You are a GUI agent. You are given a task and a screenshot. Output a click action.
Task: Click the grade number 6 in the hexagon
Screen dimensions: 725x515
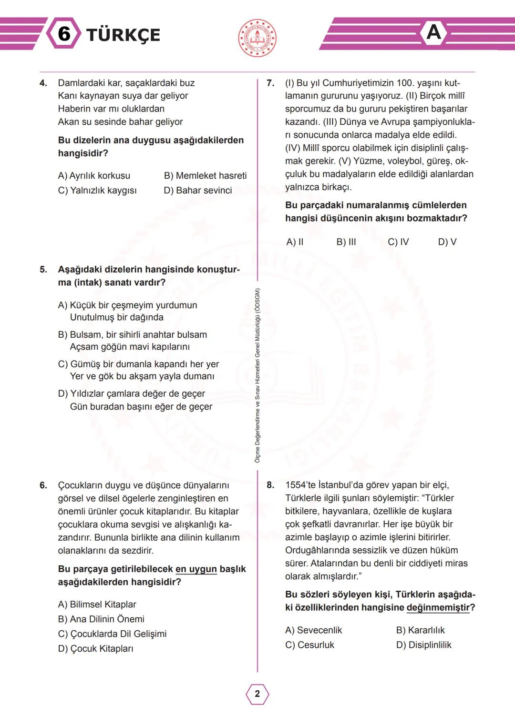click(64, 34)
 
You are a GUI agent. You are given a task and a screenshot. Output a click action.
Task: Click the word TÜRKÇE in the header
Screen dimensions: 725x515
click(123, 35)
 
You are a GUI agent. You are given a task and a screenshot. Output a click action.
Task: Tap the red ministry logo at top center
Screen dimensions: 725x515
click(257, 38)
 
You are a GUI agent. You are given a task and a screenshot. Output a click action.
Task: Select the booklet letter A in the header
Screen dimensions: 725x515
click(433, 32)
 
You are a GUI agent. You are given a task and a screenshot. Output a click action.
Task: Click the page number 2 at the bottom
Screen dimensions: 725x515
click(257, 694)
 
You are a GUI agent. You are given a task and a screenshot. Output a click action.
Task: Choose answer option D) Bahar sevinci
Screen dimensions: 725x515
click(197, 191)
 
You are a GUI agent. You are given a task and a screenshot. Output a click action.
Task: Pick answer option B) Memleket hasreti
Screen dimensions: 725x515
click(205, 176)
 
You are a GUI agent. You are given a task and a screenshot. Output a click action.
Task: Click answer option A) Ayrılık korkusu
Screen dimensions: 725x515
click(94, 176)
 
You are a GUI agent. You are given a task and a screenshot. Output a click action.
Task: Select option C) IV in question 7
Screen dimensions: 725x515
click(398, 242)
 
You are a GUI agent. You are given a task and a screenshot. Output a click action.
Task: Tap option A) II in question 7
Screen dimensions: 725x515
click(295, 242)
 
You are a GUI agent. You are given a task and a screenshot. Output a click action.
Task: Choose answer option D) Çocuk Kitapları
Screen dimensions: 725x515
click(95, 649)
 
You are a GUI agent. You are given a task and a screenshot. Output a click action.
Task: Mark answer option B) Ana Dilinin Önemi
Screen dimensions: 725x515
click(101, 619)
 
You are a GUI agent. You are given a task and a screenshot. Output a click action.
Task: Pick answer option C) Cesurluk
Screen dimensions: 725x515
click(309, 645)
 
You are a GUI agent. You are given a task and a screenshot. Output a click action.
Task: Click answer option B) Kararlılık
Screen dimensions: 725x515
click(420, 630)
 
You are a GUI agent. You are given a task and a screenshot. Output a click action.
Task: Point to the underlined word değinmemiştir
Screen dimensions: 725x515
click(438, 608)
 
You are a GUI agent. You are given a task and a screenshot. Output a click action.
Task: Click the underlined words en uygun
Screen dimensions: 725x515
click(196, 569)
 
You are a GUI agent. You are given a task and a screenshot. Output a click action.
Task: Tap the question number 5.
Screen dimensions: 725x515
click(43, 270)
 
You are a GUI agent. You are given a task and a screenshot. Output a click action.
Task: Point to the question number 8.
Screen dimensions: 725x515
click(270, 485)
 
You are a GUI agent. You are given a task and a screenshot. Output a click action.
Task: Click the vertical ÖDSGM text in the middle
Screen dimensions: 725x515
click(257, 375)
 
